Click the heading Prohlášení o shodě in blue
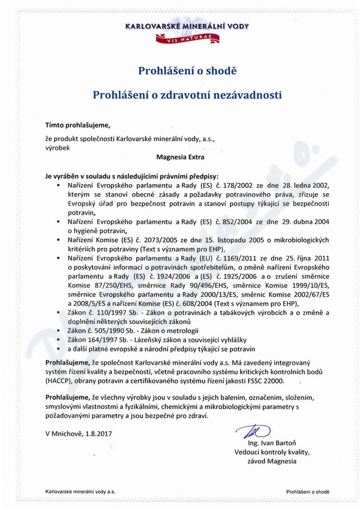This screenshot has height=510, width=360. [x=187, y=71]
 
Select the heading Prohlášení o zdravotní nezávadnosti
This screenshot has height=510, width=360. [x=187, y=95]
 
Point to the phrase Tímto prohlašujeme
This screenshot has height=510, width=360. [x=78, y=125]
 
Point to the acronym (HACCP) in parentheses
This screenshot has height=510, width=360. [x=59, y=380]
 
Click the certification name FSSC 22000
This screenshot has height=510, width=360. [x=266, y=380]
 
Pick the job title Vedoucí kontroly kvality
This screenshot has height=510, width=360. [x=272, y=452]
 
